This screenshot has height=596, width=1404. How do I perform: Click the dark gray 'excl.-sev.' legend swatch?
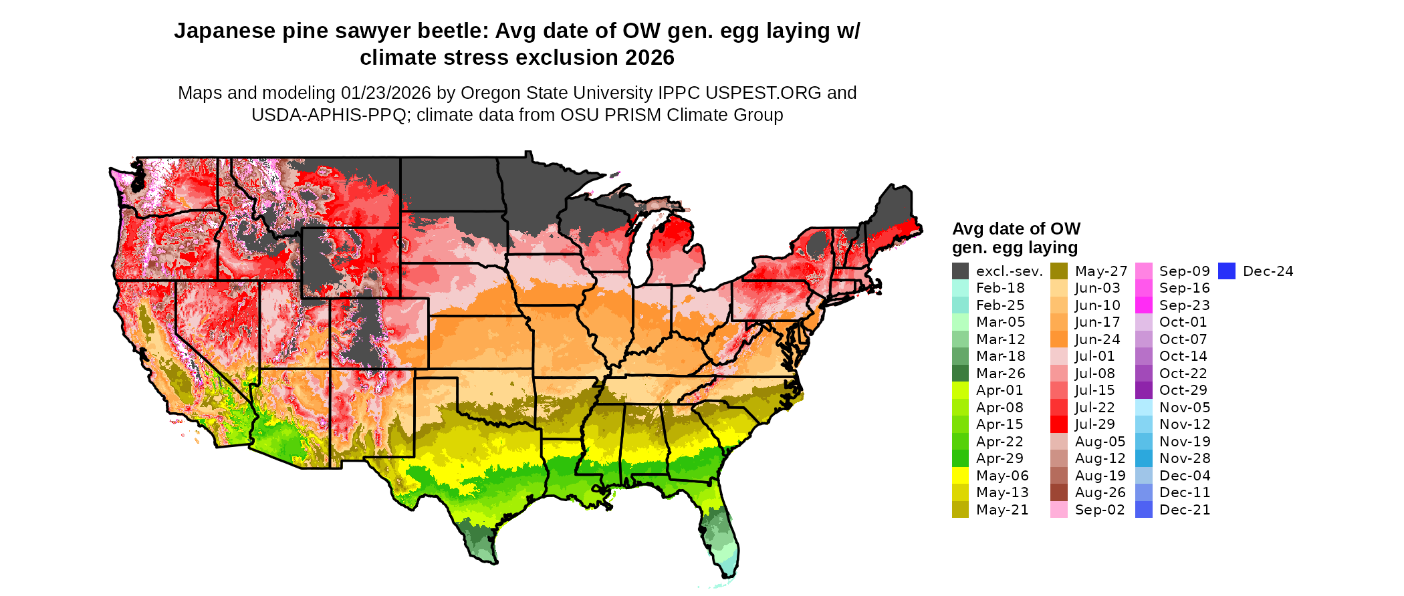[x=960, y=271]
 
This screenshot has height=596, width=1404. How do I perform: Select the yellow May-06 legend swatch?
[x=960, y=476]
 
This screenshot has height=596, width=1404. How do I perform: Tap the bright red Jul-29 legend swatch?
[x=1059, y=424]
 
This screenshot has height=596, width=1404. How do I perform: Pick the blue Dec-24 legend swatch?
[x=1226, y=271]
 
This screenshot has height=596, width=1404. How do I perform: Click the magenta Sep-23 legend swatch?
[x=1143, y=305]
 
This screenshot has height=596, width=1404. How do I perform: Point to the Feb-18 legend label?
[x=1000, y=288]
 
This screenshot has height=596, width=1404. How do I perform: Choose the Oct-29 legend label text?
[x=1183, y=390]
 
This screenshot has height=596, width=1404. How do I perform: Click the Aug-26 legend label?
[x=1100, y=492]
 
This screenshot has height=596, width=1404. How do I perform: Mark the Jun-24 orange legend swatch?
[x=1059, y=339]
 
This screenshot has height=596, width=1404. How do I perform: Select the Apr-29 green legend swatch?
[x=960, y=458]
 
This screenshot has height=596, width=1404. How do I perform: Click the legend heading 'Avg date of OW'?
[x=1016, y=229]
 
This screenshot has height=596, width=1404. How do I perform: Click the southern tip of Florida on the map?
[x=730, y=571]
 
